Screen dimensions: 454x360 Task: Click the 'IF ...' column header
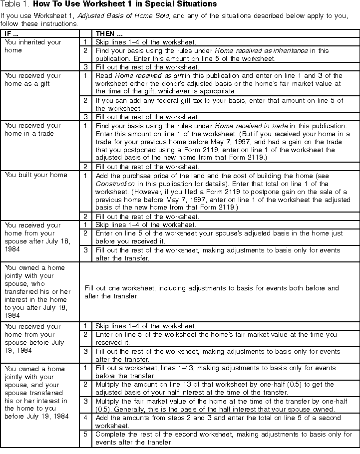12,33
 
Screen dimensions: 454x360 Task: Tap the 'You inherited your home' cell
33,46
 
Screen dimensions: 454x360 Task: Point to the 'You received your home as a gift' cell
32,79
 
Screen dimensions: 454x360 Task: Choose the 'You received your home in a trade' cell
32,129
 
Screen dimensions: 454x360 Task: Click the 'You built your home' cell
36,175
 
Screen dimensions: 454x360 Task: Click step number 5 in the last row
85,434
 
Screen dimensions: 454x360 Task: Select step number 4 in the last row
85,418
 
